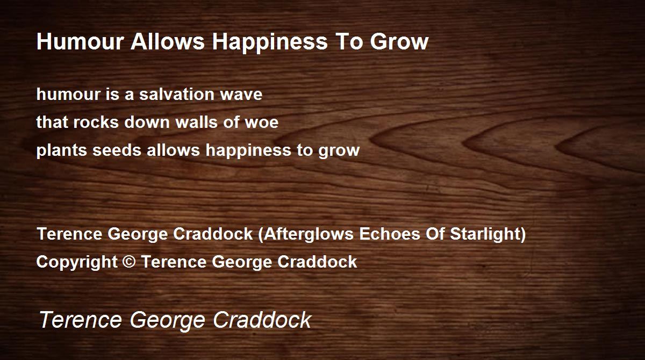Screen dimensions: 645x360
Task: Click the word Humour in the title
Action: (80, 41)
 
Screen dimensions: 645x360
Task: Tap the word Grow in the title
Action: (399, 41)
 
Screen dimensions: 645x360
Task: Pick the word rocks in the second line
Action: (96, 122)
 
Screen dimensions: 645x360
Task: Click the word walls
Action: (196, 122)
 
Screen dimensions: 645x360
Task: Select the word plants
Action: (62, 150)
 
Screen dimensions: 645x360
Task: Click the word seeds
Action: (117, 150)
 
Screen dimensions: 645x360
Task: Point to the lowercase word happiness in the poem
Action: (248, 150)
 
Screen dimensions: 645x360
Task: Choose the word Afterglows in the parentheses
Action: (308, 234)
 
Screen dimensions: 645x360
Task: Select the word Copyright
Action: (77, 262)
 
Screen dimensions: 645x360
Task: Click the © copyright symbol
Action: (128, 262)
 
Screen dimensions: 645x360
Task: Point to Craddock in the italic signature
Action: (262, 320)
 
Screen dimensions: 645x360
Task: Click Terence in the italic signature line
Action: (81, 320)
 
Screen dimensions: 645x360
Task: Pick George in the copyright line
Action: (242, 262)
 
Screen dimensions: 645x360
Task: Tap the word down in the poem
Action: (147, 122)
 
